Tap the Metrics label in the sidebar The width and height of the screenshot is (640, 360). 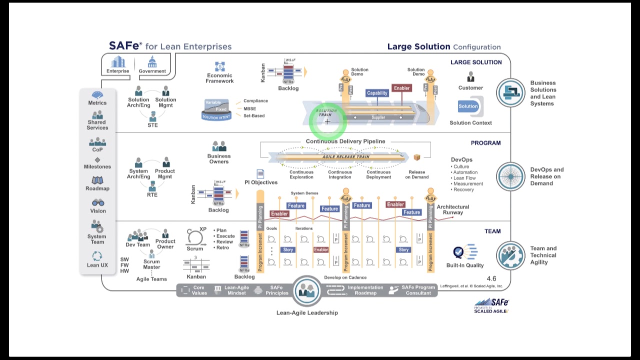click(97, 103)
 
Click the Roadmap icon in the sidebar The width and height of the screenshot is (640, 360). click(97, 180)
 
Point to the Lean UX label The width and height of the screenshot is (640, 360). click(97, 265)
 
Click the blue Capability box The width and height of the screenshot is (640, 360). click(377, 93)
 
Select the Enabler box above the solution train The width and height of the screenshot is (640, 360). click(401, 88)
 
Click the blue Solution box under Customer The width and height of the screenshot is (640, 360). click(468, 106)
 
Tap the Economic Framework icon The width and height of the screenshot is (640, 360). click(219, 66)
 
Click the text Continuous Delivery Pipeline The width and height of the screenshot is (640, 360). click(345, 141)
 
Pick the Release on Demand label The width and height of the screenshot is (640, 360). click(417, 174)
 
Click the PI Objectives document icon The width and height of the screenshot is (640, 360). click(260, 173)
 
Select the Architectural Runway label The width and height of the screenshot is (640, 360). click(453, 209)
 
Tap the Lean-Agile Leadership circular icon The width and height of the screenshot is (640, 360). click(307, 291)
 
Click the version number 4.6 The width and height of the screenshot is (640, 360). click(491, 278)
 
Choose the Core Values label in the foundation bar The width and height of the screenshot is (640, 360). click(199, 290)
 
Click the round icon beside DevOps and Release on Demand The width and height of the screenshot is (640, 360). click(510, 176)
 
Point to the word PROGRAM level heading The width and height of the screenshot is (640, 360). click(485, 143)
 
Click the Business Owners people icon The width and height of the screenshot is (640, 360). click(219, 146)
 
